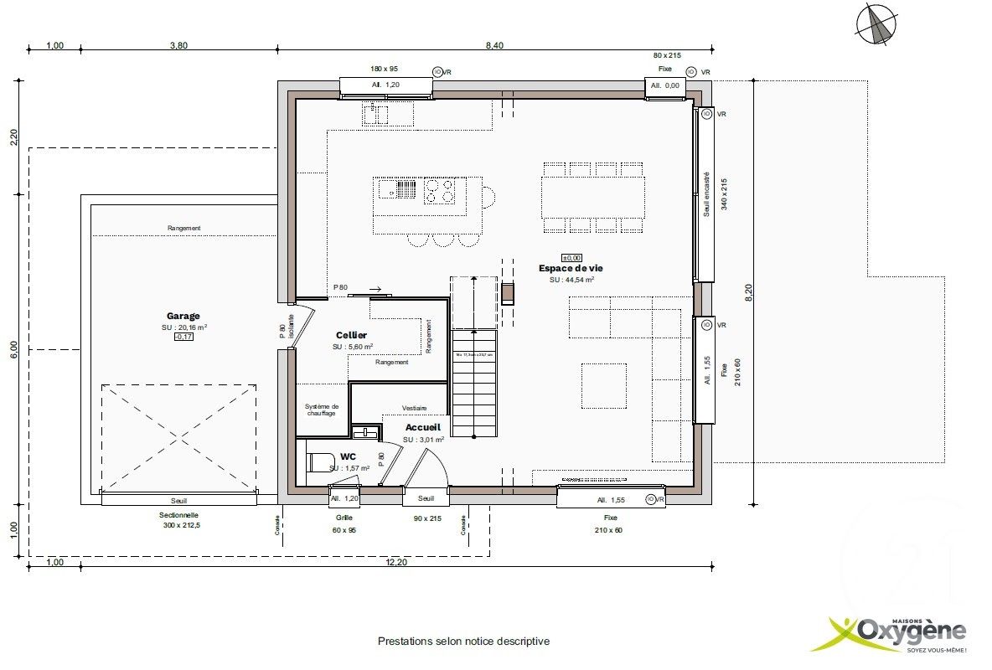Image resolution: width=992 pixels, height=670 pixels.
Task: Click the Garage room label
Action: pos(183,317)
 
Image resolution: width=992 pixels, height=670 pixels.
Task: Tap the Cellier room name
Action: pos(352,335)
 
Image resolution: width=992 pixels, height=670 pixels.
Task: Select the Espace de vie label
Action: pos(570,268)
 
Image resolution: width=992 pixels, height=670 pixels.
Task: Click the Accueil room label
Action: pos(422,427)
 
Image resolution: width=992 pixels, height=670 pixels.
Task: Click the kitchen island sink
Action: pos(397,189)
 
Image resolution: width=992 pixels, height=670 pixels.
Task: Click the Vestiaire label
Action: pos(415,408)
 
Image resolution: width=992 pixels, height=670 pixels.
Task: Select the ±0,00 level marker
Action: pos(571,258)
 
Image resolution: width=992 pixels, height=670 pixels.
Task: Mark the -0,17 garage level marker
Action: pos(183,337)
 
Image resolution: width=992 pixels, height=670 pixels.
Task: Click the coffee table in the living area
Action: pos(603,385)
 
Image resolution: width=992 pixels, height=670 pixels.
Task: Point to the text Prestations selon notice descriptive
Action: pos(463,642)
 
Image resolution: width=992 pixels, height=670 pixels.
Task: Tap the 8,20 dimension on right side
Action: pos(749,292)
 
